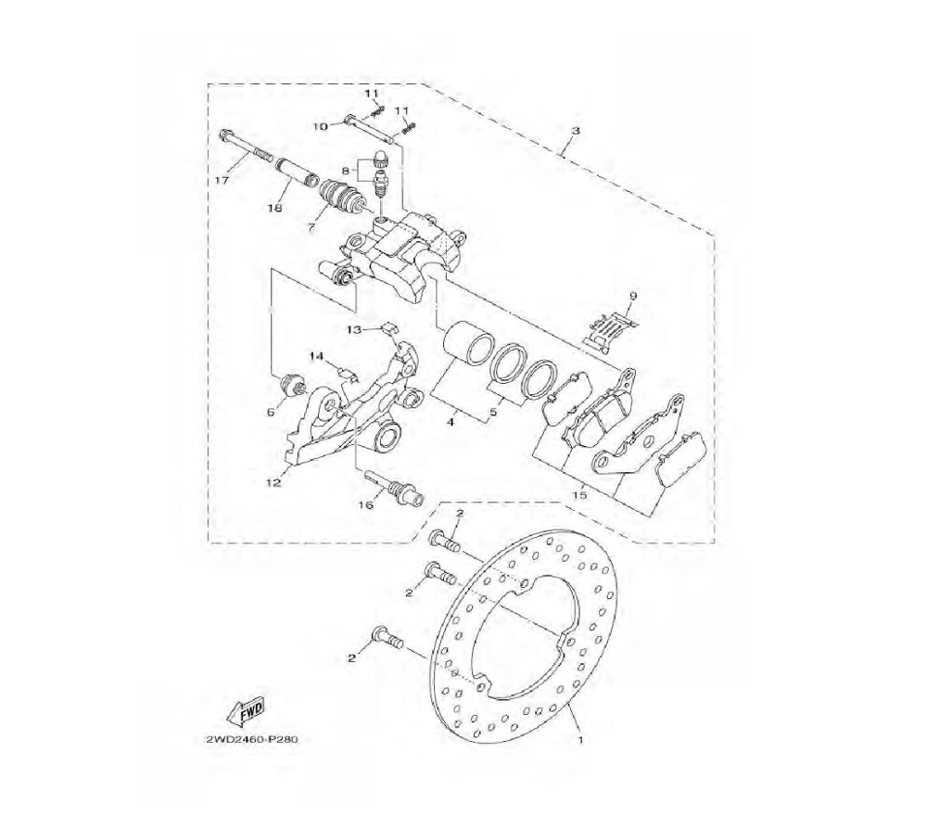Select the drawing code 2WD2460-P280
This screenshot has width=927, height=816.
(x=248, y=739)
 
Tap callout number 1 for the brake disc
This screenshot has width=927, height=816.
(x=580, y=739)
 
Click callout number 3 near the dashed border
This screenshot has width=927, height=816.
(x=577, y=130)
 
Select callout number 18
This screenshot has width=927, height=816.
(x=275, y=208)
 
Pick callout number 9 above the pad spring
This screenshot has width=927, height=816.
(x=633, y=295)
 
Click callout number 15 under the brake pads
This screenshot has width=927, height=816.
(x=580, y=494)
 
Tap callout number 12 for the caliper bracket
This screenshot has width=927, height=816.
(x=273, y=482)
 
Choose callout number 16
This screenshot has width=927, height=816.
(x=366, y=505)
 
